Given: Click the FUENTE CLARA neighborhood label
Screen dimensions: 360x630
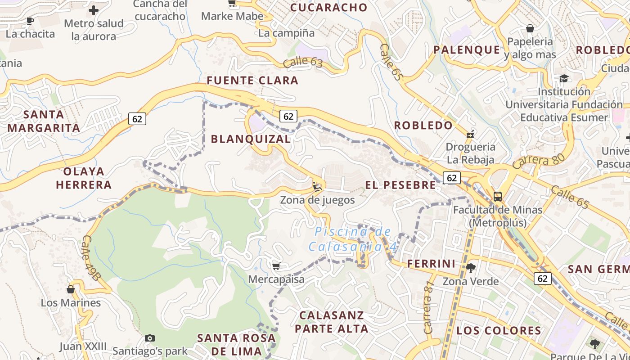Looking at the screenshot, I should coord(252,81).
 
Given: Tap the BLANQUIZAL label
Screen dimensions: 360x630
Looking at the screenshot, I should coord(251,139).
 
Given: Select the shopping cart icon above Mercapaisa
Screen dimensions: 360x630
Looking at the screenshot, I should coord(276,266).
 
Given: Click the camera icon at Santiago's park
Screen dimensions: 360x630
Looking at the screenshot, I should coord(150,338).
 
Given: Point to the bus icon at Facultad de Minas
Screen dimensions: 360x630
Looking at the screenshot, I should coord(497,197).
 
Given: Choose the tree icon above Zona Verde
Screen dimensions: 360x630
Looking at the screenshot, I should coord(471,268).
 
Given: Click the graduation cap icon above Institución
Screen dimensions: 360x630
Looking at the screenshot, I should coord(564,79).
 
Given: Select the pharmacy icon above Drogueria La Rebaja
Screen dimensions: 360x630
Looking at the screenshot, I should coord(470,134).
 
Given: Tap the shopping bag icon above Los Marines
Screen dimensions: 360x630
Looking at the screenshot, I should coord(71,289).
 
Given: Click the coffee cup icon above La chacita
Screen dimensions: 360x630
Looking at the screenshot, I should coord(30,21).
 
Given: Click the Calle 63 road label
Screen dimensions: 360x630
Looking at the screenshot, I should coord(303,62).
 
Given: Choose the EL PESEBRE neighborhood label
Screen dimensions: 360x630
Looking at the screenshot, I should coord(400,185).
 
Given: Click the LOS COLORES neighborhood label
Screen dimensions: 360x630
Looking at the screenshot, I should coord(499,331).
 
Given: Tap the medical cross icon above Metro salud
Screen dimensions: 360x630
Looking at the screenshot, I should coord(94,10).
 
